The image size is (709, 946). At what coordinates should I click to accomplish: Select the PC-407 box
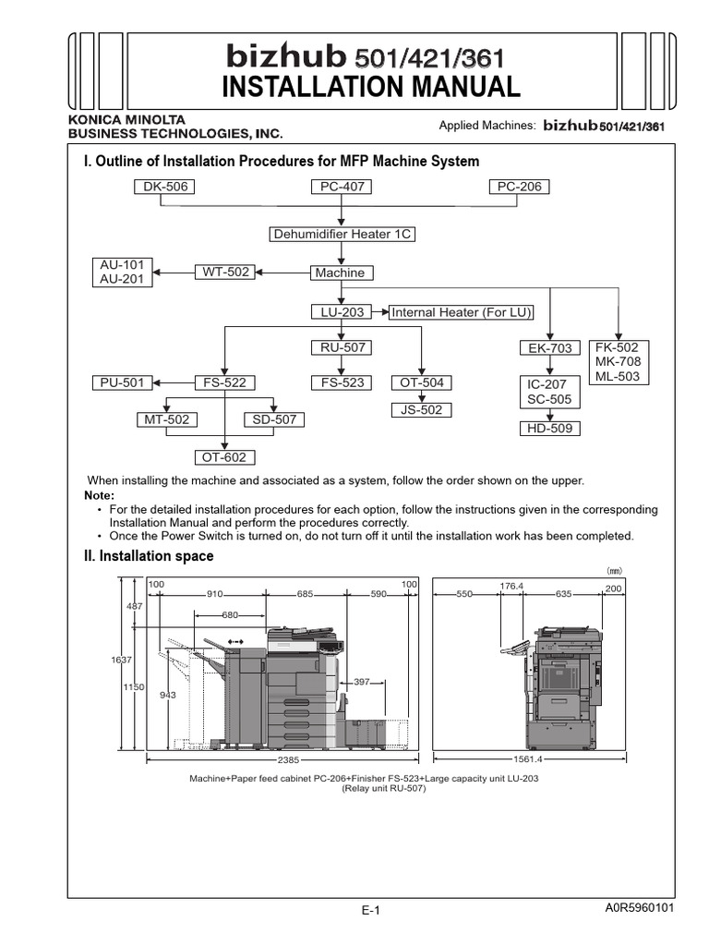tap(342, 187)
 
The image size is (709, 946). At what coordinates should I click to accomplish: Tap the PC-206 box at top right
tap(518, 187)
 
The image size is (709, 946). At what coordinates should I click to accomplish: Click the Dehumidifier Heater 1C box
tap(342, 234)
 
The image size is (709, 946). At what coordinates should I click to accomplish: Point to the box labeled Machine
tap(339, 273)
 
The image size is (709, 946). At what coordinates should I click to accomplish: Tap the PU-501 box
tap(123, 382)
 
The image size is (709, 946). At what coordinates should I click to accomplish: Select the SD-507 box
tap(274, 419)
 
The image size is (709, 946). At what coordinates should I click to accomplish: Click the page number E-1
tap(371, 910)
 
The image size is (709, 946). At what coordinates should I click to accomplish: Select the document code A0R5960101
tap(640, 907)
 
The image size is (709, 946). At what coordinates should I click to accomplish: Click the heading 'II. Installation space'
tap(149, 556)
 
